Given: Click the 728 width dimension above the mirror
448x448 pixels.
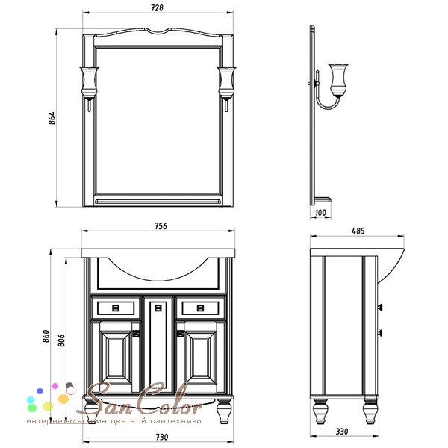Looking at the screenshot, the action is click(157, 8).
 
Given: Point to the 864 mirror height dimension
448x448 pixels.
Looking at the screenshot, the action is click(52, 118).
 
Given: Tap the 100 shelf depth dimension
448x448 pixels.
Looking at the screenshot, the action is click(320, 213).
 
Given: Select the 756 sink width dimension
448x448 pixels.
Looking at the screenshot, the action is click(161, 226).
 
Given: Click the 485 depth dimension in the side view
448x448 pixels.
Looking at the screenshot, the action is click(358, 231).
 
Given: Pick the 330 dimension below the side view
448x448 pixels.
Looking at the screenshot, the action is click(342, 432).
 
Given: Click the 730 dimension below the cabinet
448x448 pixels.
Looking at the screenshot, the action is click(162, 437).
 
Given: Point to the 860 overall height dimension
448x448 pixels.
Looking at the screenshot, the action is click(46, 336).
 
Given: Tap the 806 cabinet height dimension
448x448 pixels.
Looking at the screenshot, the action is click(61, 340).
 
